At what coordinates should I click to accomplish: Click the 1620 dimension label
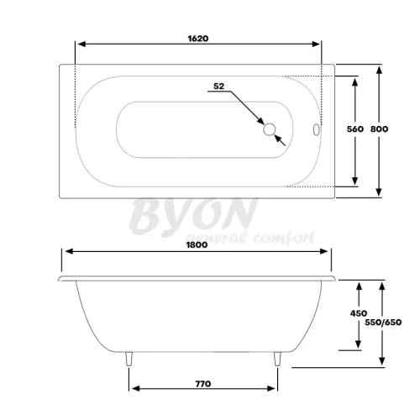pyautogui.click(x=197, y=38)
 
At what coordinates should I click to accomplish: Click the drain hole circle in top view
pyautogui.click(x=269, y=129)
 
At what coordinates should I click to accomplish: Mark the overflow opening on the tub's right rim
pyautogui.click(x=316, y=130)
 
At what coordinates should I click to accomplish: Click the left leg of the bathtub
pyautogui.click(x=128, y=360)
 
